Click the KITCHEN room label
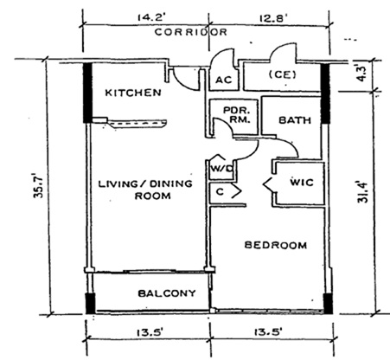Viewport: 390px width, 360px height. tap(133, 93)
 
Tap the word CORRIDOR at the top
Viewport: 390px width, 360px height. tap(191, 32)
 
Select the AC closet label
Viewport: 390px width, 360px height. tap(224, 80)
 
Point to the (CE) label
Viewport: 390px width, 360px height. tap(282, 74)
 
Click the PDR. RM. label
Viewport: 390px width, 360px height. tap(237, 115)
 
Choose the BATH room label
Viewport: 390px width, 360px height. tap(295, 120)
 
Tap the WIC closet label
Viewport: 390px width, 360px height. tap(302, 183)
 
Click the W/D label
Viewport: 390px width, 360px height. tap(222, 168)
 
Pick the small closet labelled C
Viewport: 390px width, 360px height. tap(220, 191)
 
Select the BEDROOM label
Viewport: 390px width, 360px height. tap(276, 245)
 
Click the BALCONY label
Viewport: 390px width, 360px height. tap(167, 293)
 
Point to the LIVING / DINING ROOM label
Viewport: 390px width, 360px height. tap(145, 190)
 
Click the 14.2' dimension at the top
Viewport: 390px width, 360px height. tap(150, 17)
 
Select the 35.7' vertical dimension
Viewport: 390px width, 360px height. tap(38, 185)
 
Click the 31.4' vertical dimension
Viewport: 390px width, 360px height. tap(362, 192)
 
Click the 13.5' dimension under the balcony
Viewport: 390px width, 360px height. tap(150, 332)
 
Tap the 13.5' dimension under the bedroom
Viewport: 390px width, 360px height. tap(268, 332)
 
